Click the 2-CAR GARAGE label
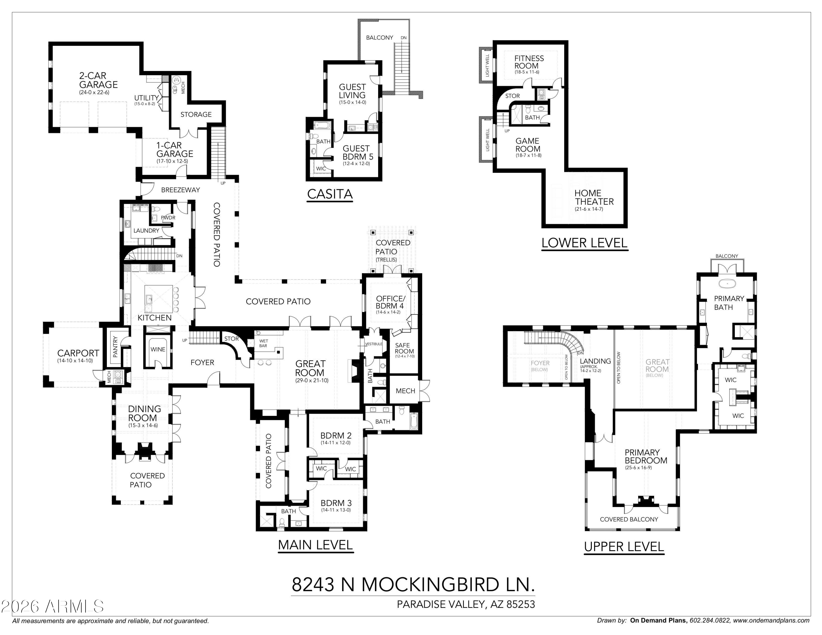(98, 80)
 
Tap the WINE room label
(158, 350)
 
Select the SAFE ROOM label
(404, 348)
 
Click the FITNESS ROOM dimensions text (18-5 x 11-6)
(527, 72)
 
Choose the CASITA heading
(330, 194)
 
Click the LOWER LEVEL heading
(584, 243)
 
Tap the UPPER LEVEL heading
(624, 547)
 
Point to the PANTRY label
(115, 347)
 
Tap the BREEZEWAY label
(180, 190)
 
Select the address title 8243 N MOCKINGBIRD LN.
(413, 585)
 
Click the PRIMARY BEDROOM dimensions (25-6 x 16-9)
(638, 468)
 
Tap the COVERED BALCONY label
(629, 519)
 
